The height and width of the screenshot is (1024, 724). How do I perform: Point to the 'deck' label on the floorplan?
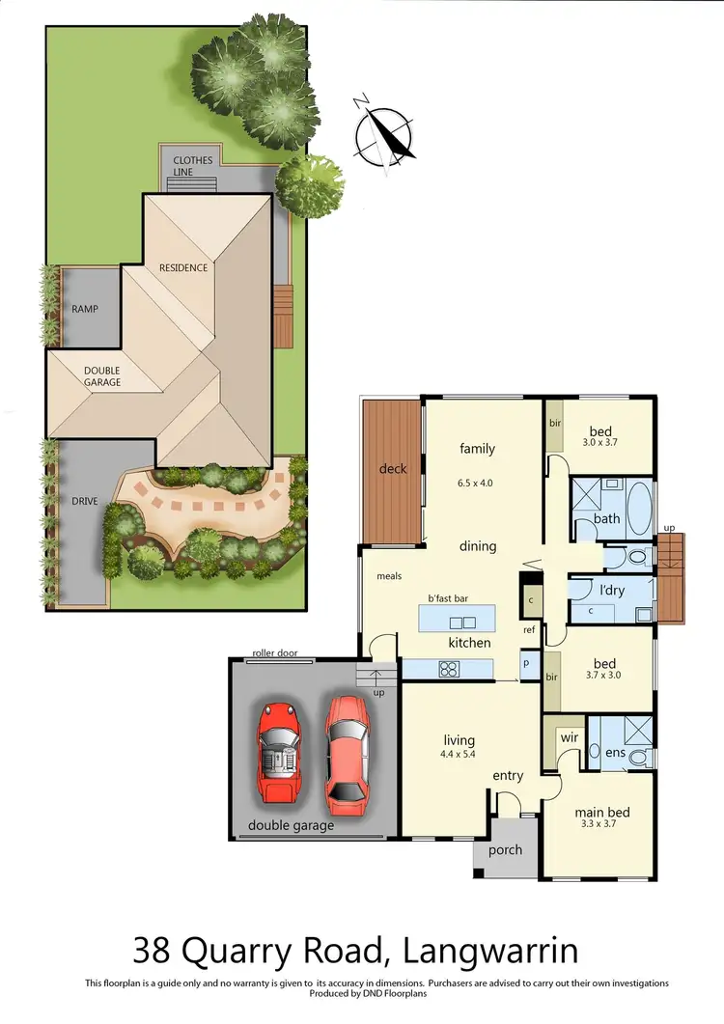pyautogui.click(x=393, y=469)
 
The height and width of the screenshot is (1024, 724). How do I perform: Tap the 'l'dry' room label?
pyautogui.click(x=608, y=589)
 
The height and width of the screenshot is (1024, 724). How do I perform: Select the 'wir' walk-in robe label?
pyautogui.click(x=570, y=738)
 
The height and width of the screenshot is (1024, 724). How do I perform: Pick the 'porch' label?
pyautogui.click(x=505, y=849)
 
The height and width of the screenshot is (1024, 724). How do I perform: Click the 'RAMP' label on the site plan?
pyautogui.click(x=85, y=310)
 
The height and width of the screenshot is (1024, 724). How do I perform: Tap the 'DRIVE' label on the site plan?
pyautogui.click(x=85, y=502)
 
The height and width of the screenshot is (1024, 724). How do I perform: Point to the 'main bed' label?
pyautogui.click(x=602, y=813)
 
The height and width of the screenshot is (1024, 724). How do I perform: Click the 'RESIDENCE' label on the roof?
pyautogui.click(x=183, y=267)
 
